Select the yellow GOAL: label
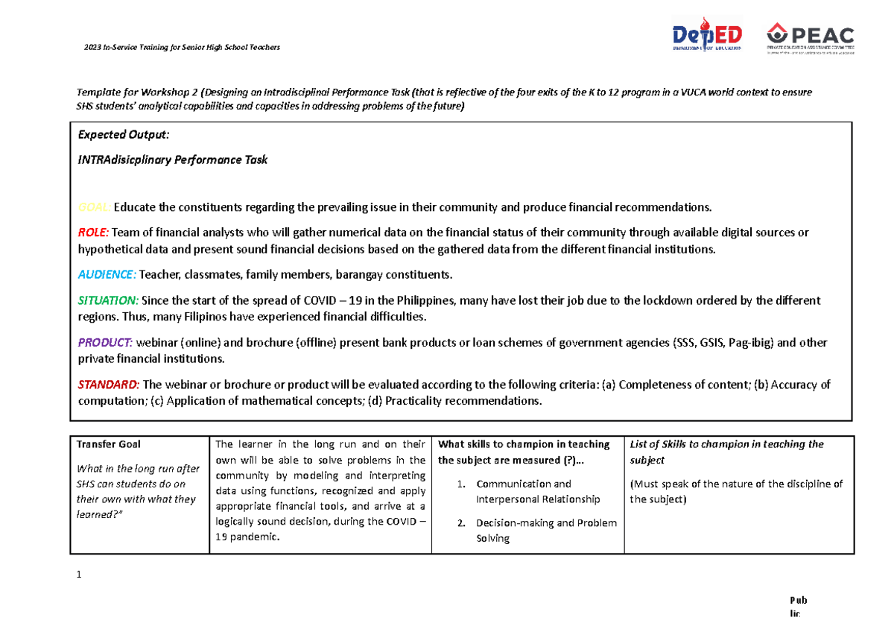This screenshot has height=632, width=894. click(95, 206)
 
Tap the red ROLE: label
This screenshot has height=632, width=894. click(93, 233)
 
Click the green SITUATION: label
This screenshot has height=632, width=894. click(108, 300)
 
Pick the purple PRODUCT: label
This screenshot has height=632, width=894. click(105, 343)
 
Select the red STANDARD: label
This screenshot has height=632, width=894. click(108, 385)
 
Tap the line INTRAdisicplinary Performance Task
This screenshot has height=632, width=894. click(172, 159)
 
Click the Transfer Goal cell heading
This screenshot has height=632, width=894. click(109, 444)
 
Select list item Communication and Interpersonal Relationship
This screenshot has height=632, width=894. click(537, 491)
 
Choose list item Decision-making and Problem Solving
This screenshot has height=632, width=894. click(546, 530)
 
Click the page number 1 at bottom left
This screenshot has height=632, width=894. click(77, 575)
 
